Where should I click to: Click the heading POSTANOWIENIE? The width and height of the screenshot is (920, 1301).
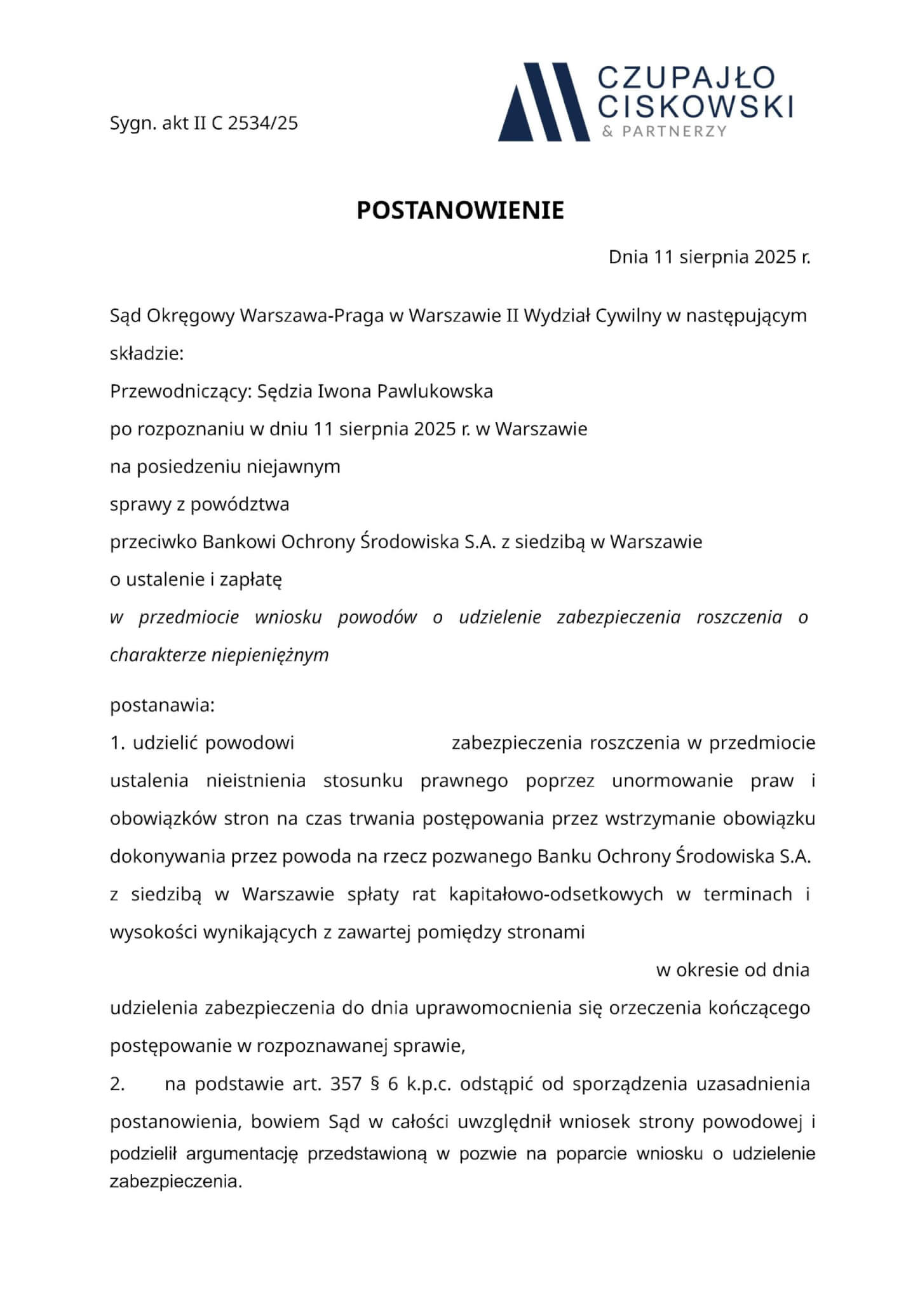460,211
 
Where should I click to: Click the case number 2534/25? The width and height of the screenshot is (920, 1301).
262,123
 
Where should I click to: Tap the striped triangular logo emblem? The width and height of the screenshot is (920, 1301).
543,102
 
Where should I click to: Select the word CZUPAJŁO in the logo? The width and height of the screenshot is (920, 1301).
687,78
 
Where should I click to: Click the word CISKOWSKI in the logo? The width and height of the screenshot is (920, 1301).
696,106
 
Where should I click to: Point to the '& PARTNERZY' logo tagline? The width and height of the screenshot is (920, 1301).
664,131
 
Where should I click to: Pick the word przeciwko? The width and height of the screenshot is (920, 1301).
153,543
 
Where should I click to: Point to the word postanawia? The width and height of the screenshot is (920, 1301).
162,706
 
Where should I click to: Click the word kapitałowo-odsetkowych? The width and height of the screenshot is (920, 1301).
556,894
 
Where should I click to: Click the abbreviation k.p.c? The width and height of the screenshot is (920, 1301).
429,1084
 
